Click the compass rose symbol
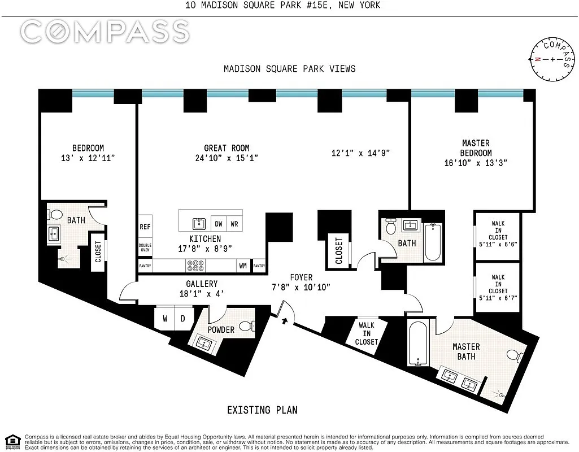551,59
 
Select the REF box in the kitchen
145,226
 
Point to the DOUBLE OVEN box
145,249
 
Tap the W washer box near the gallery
165,318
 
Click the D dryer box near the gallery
183,318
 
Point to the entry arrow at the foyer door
285,321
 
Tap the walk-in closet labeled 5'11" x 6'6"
497,237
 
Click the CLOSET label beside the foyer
339,251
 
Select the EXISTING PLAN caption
262,410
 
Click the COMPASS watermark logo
105,32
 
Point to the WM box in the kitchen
242,265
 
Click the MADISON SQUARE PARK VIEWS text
289,68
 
